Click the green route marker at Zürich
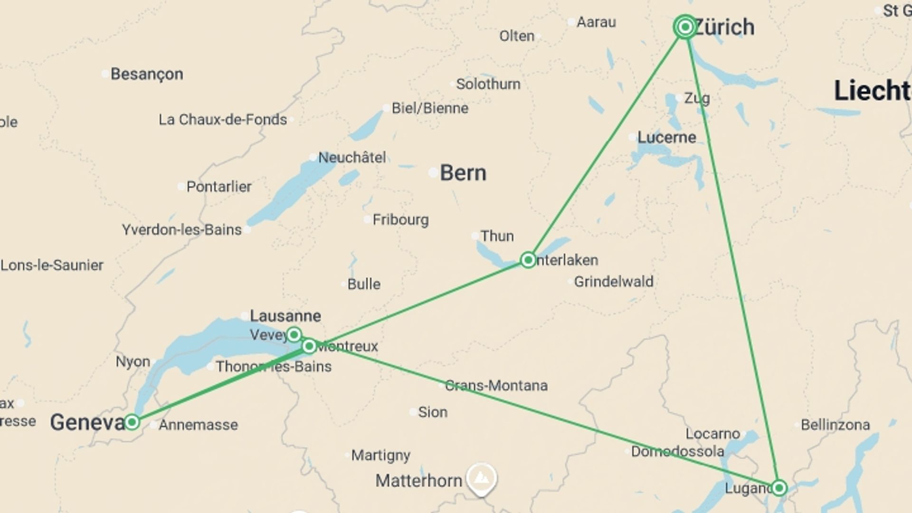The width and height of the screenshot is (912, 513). [685, 27]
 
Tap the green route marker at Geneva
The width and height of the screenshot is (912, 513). [132, 422]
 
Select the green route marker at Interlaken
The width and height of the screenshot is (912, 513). [528, 260]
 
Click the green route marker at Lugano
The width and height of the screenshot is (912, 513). [779, 488]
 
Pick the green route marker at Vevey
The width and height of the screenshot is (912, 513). [294, 334]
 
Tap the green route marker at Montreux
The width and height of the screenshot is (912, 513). [309, 346]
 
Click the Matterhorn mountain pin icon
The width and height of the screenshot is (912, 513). [481, 478]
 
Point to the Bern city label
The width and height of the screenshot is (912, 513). [463, 173]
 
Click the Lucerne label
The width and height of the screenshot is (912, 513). [666, 138]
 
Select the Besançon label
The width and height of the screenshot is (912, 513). [147, 74]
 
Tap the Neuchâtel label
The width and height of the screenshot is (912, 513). [351, 157]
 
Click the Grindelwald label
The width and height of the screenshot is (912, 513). [613, 282]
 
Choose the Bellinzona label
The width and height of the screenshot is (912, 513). [835, 425]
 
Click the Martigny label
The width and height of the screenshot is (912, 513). [380, 455]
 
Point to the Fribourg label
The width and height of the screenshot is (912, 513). [400, 219]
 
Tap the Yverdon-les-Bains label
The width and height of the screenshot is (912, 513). [181, 230]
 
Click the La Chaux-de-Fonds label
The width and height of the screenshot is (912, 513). [223, 120]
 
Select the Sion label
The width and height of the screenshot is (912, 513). [432, 412]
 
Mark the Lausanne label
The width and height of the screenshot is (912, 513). [285, 316]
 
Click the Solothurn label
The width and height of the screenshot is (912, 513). [488, 84]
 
